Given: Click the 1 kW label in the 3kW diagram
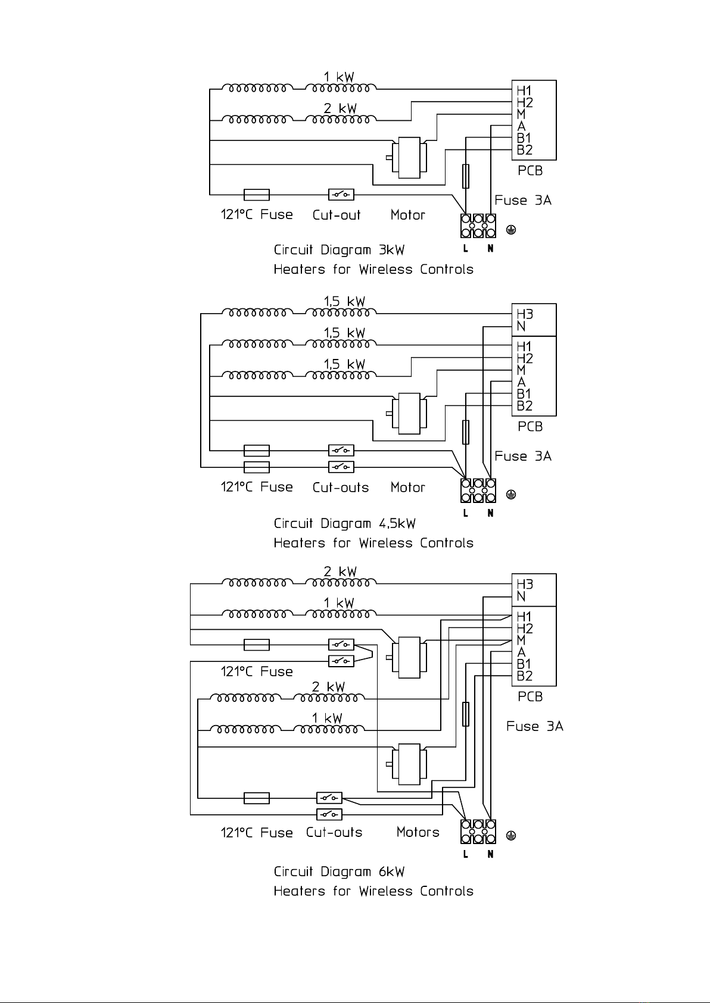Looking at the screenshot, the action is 339,77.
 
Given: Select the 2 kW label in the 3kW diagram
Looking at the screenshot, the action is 340,108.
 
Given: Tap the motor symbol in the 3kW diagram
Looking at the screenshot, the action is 407,158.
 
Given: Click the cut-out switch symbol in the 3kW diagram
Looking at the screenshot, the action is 341,195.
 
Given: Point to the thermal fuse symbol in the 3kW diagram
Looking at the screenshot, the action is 257,195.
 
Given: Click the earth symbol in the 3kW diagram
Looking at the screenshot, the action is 511,230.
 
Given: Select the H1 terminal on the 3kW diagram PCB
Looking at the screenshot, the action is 524,91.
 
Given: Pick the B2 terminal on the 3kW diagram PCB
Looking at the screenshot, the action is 525,150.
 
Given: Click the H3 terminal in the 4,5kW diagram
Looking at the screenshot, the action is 525,314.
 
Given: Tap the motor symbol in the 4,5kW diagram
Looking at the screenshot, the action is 407,414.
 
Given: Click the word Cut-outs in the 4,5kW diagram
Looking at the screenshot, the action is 341,487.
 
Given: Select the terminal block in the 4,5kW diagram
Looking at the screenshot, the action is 478,490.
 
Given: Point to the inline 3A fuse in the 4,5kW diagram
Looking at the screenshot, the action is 466,432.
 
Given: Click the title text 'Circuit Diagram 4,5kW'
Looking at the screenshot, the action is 344,523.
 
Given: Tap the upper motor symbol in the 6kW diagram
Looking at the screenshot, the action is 407,657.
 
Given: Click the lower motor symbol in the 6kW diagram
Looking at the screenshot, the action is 407,764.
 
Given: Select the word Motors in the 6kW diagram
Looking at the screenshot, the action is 418,832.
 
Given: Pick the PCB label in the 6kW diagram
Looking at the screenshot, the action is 530,696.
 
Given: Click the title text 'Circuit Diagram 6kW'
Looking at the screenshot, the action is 339,871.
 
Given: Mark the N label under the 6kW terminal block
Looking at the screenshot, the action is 490,854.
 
